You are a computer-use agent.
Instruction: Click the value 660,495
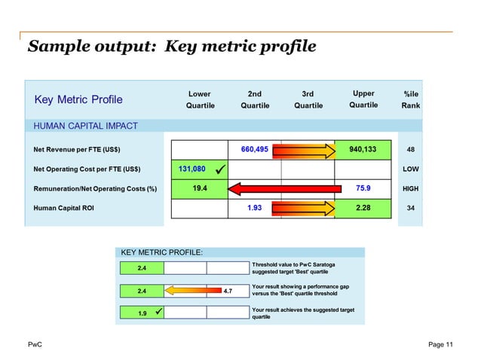[254, 149]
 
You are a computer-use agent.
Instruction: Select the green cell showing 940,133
[363, 149]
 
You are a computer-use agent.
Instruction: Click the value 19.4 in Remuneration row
[200, 188]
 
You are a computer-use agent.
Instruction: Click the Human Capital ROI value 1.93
[255, 207]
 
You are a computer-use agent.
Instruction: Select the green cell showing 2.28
[363, 207]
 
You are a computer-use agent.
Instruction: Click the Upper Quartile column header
[363, 99]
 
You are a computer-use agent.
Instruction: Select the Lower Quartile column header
[200, 99]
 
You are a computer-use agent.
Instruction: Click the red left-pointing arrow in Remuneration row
[279, 188]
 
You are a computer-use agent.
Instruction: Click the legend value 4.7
[227, 289]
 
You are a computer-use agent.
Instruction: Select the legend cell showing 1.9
[142, 312]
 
